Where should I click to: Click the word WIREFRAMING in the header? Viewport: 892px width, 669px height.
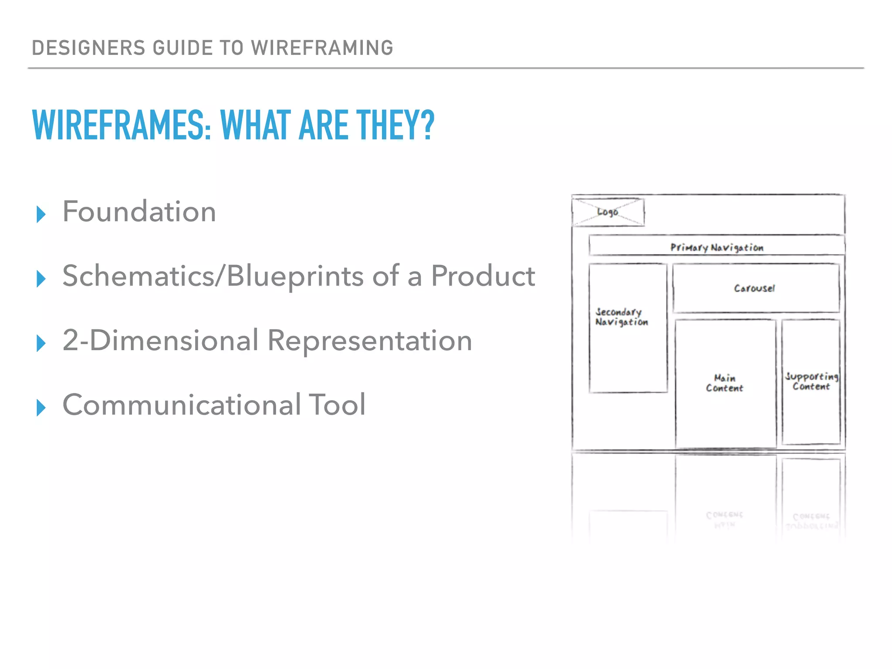pyautogui.click(x=322, y=48)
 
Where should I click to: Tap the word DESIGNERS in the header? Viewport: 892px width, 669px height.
pyautogui.click(x=88, y=48)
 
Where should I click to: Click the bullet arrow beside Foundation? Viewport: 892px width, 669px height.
pyautogui.click(x=41, y=214)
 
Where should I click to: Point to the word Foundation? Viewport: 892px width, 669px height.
pyautogui.click(x=139, y=212)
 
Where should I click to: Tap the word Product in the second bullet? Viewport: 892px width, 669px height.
pyautogui.click(x=483, y=276)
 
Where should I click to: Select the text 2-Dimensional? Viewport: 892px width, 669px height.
pyautogui.click(x=161, y=340)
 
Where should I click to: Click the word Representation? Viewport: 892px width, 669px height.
pyautogui.click(x=370, y=341)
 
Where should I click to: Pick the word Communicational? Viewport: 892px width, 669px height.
pyautogui.click(x=182, y=405)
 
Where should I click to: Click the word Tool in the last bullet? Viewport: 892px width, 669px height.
pyautogui.click(x=337, y=405)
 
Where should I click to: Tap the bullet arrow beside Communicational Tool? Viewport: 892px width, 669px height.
pyautogui.click(x=41, y=408)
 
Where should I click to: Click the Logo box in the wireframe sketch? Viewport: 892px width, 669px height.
pyautogui.click(x=608, y=212)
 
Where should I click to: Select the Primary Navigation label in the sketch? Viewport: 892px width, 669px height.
pyautogui.click(x=717, y=247)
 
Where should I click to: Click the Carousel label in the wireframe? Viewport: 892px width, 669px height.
pyautogui.click(x=755, y=288)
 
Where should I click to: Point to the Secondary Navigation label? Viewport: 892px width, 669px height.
pyautogui.click(x=622, y=317)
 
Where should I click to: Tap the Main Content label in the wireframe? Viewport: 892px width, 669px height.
pyautogui.click(x=725, y=383)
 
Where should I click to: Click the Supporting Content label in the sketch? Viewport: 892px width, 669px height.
pyautogui.click(x=811, y=382)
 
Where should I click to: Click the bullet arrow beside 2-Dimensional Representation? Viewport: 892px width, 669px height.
pyautogui.click(x=41, y=343)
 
